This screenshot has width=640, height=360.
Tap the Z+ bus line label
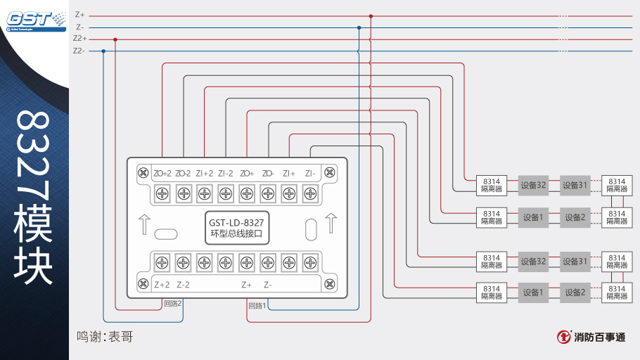(x=79, y=15)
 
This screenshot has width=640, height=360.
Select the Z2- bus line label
(x=79, y=51)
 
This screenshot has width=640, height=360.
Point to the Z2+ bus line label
(x=79, y=39)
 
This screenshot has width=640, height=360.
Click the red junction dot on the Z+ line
(x=371, y=15)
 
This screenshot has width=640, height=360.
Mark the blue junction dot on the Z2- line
(x=103, y=51)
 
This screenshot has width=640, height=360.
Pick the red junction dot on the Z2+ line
(x=115, y=39)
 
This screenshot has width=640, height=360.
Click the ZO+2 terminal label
(x=162, y=174)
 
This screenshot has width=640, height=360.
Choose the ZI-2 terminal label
(x=226, y=174)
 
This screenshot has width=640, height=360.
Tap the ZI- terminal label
(x=310, y=174)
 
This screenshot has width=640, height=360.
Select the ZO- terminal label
(x=268, y=174)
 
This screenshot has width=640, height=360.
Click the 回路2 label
(x=172, y=304)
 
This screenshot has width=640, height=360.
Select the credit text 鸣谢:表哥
(x=105, y=337)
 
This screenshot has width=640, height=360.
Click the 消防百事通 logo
(x=590, y=337)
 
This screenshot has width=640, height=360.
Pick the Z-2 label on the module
(x=183, y=285)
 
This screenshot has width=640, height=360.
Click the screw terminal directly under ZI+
(x=289, y=193)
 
